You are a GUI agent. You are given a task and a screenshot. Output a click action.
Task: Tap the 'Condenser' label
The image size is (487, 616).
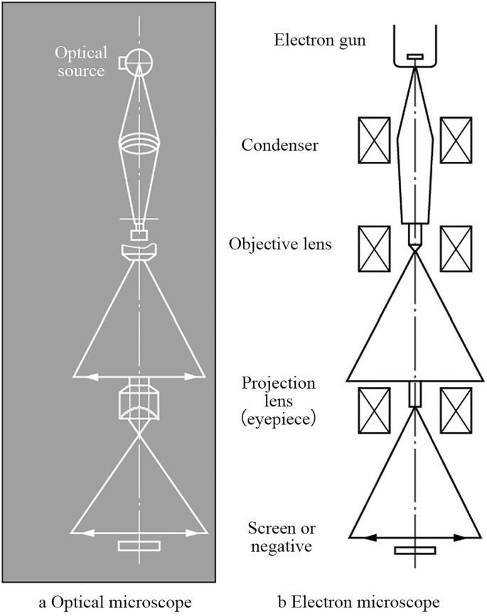click(x=279, y=146)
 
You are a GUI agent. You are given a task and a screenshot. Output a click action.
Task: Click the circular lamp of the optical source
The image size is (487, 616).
click(x=140, y=61)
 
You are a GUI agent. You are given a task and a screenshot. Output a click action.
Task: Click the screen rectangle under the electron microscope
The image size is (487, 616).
click(x=415, y=550)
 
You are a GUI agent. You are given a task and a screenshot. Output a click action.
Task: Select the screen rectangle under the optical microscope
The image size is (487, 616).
click(x=139, y=546)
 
